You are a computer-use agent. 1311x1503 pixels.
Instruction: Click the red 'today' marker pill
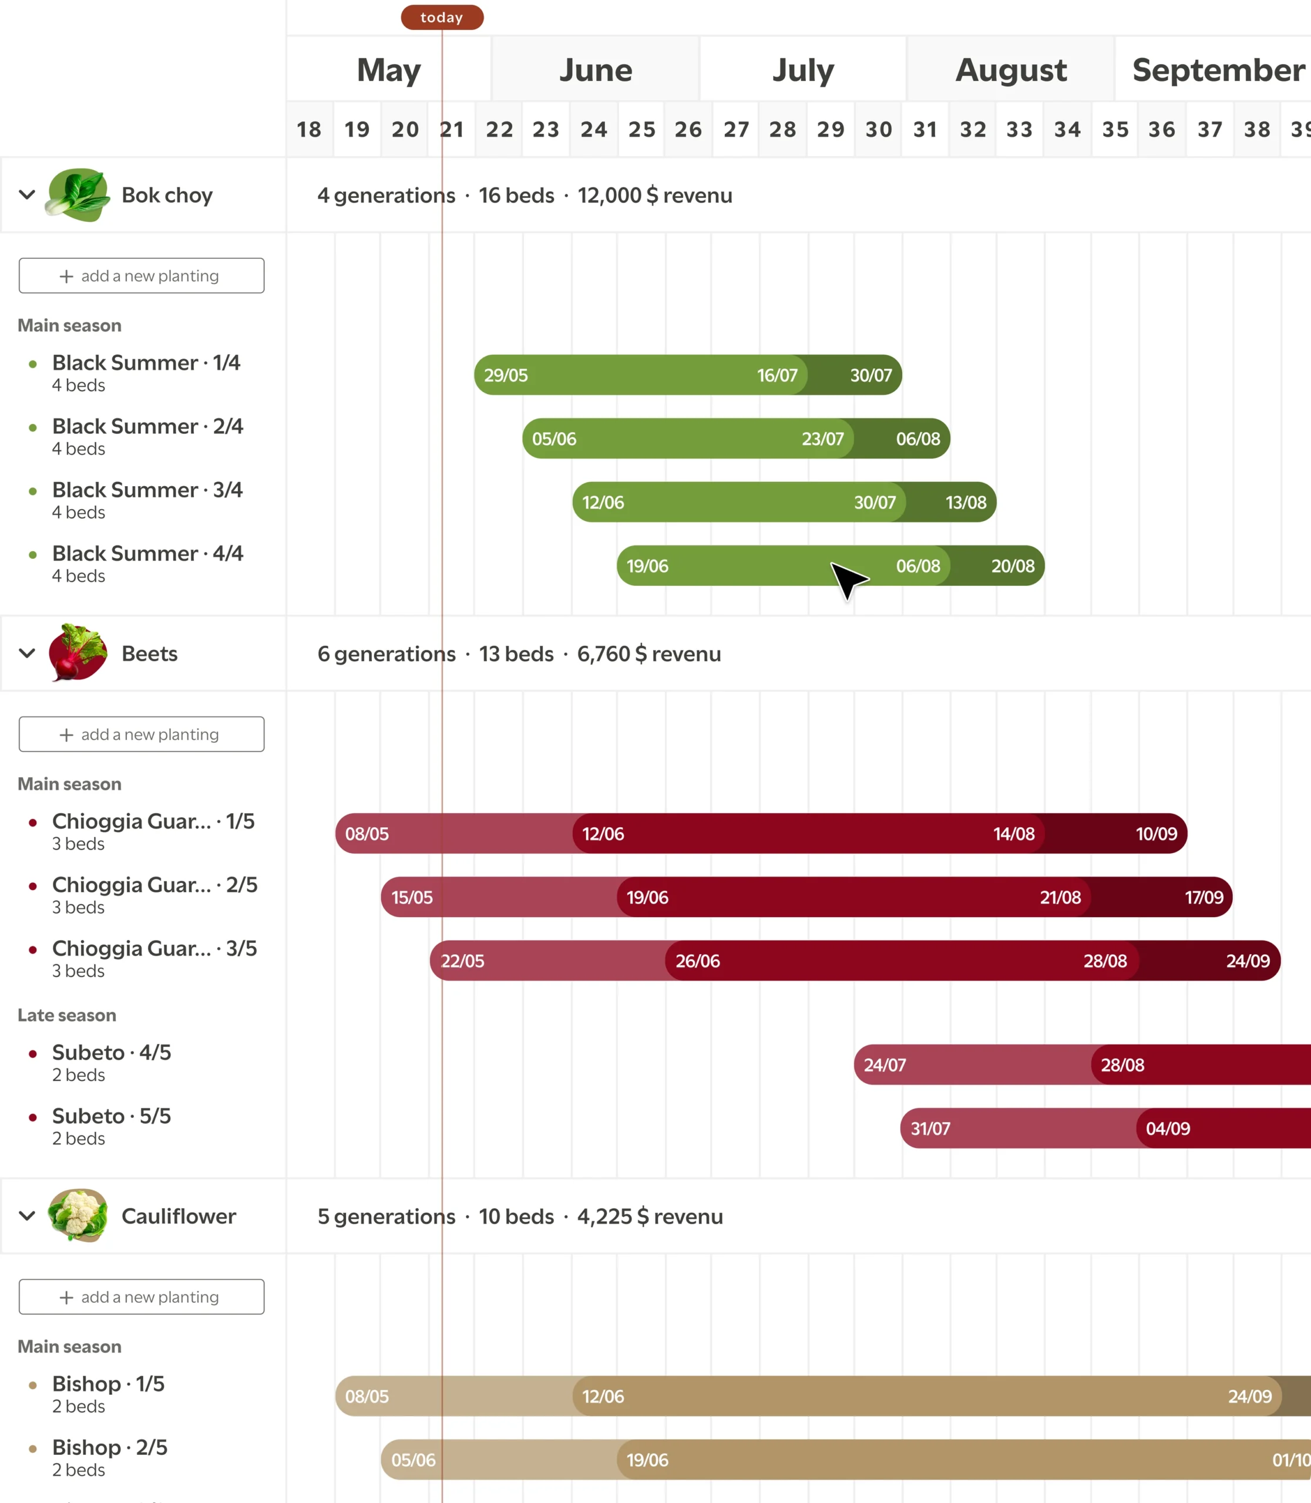[442, 18]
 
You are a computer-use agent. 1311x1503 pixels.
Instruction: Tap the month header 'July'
[802, 70]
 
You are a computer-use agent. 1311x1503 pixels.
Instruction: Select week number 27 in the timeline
[736, 129]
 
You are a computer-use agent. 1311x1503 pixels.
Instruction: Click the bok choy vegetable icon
[78, 194]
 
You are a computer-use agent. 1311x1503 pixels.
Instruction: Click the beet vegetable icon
[78, 652]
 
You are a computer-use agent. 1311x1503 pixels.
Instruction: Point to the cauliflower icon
[78, 1215]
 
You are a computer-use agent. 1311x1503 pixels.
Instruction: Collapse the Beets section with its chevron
[27, 653]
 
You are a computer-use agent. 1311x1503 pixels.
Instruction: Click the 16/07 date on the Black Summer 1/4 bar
[777, 375]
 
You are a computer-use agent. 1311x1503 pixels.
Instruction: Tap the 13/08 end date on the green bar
[966, 503]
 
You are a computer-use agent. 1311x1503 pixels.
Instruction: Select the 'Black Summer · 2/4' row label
[147, 426]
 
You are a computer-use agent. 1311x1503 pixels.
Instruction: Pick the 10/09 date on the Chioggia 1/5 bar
[1156, 834]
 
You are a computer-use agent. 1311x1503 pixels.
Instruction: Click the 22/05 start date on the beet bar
[462, 961]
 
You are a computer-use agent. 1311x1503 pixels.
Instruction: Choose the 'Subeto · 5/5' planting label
[111, 1116]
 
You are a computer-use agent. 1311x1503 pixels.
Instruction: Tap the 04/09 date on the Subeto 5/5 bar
[1168, 1128]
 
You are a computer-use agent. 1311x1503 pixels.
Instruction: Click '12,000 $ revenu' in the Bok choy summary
[655, 196]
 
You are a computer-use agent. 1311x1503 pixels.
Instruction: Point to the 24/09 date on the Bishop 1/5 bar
[1249, 1396]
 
